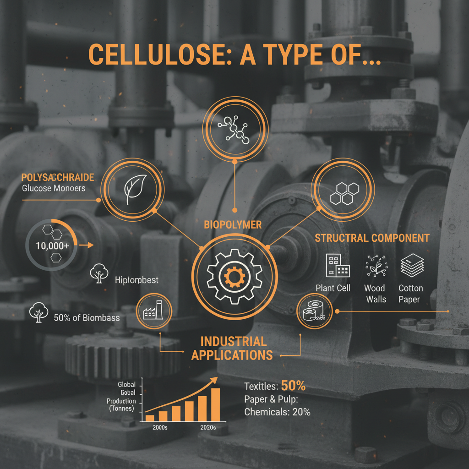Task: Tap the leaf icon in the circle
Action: coord(132,188)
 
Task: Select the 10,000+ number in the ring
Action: coord(53,245)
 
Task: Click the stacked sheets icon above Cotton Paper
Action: coord(412,266)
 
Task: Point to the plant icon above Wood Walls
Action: coord(375,266)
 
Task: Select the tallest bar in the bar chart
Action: coord(215,405)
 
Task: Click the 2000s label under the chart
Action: coord(159,427)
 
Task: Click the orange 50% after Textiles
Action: coord(293,386)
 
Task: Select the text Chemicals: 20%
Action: coord(277,412)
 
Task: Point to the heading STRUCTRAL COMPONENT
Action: coord(372,238)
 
